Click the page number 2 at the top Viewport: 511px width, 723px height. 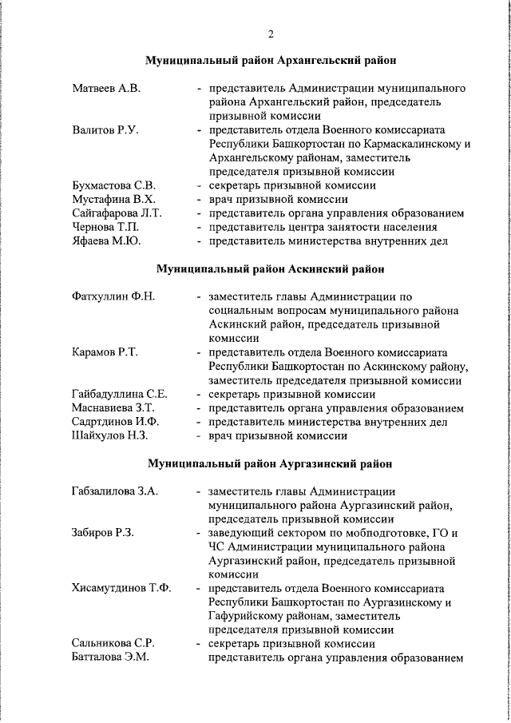pyautogui.click(x=271, y=34)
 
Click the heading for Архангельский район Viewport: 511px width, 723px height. pyautogui.click(x=271, y=61)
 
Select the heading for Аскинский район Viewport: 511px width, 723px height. pyautogui.click(x=271, y=269)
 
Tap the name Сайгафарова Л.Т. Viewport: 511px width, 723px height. pyautogui.click(x=117, y=213)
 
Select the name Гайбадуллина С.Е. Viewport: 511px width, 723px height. pyautogui.click(x=119, y=394)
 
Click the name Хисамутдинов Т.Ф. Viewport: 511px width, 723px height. pyautogui.click(x=121, y=589)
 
